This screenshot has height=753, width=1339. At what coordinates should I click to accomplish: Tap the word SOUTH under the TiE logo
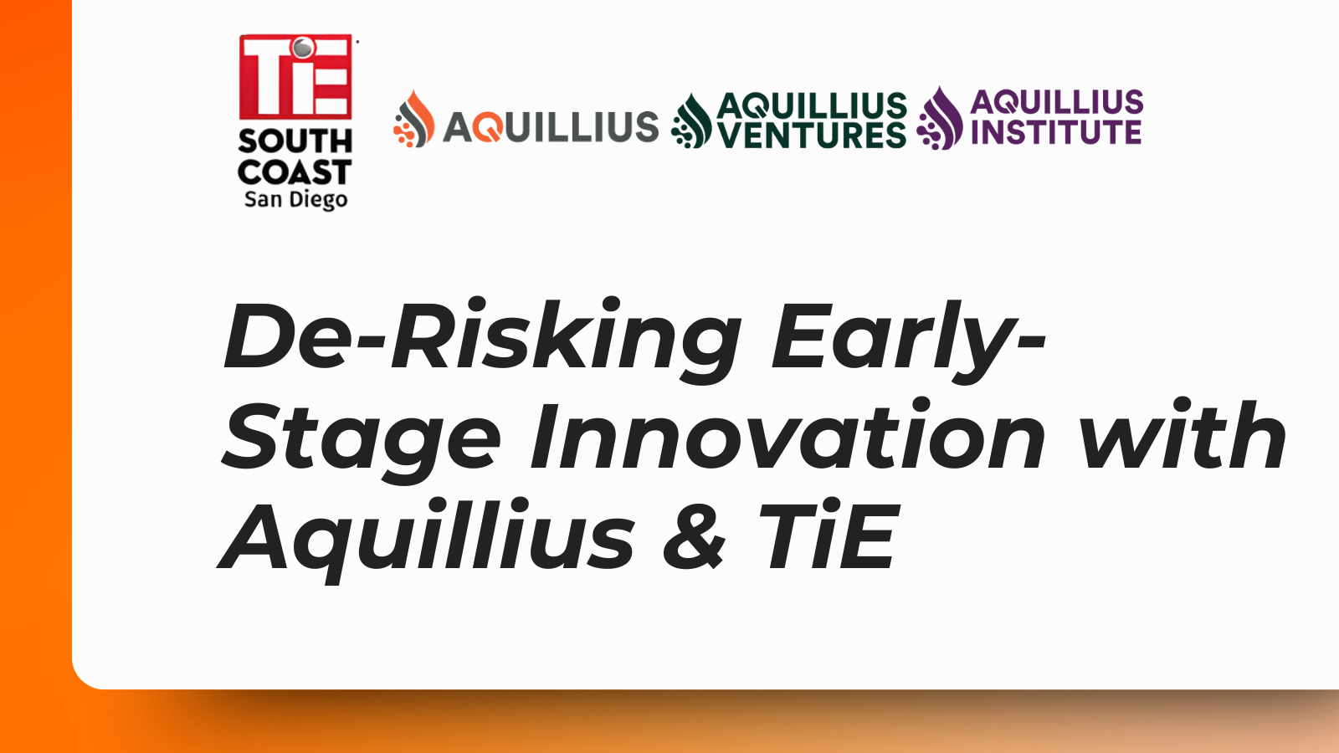tap(295, 141)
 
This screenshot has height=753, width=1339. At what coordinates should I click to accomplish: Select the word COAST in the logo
tap(295, 172)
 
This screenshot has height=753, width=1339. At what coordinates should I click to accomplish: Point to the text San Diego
tap(295, 200)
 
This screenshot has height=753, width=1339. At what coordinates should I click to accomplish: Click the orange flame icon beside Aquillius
tap(414, 120)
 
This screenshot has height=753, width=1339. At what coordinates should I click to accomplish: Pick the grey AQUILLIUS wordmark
tap(551, 127)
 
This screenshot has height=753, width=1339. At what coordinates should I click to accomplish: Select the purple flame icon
tap(941, 119)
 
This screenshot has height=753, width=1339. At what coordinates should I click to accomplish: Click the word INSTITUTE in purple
tap(1056, 132)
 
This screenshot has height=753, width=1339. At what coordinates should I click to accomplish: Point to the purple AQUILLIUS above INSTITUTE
tap(1056, 102)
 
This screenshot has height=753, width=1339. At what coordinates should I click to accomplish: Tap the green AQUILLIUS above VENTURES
tap(812, 105)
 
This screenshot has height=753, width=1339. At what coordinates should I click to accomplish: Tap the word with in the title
tap(1182, 437)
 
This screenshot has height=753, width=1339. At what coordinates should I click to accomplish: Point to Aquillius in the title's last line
tap(427, 537)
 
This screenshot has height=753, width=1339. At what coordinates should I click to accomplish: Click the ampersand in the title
tap(694, 537)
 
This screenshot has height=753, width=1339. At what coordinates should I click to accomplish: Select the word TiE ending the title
tap(829, 537)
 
